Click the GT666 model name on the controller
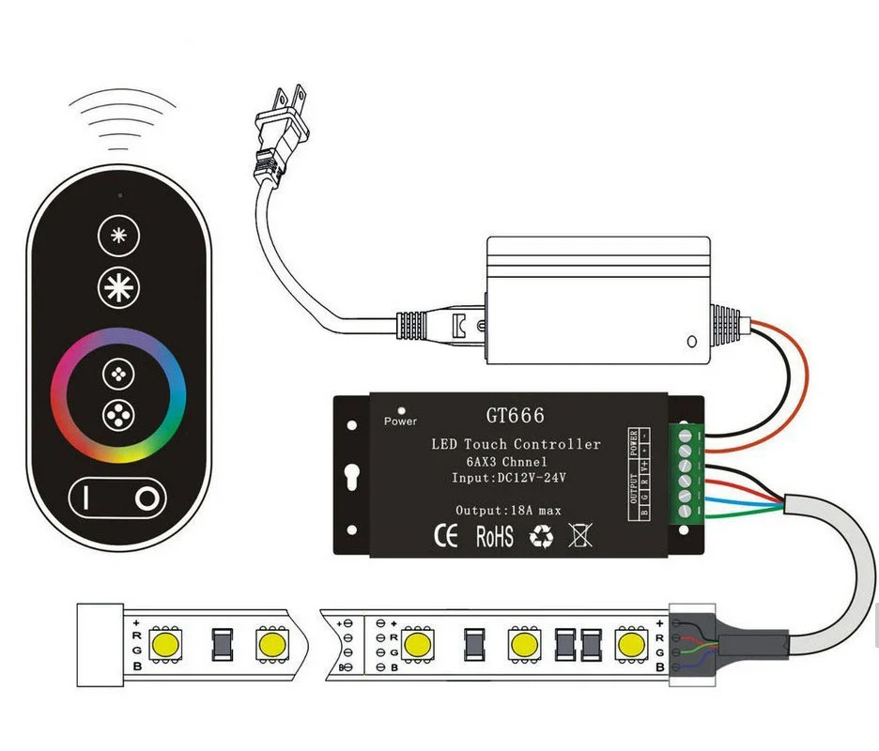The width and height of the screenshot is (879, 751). [515, 415]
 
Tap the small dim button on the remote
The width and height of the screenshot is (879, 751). [118, 236]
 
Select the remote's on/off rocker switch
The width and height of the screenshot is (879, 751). [118, 498]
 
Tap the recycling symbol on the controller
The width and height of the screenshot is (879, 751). [542, 537]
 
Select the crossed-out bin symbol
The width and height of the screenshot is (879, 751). [582, 536]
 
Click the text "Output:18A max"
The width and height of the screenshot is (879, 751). [508, 511]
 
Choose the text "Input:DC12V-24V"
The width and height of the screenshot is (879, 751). [510, 478]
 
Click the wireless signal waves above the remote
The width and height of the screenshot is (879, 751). [116, 122]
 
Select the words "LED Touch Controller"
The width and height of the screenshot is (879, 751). [516, 444]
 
